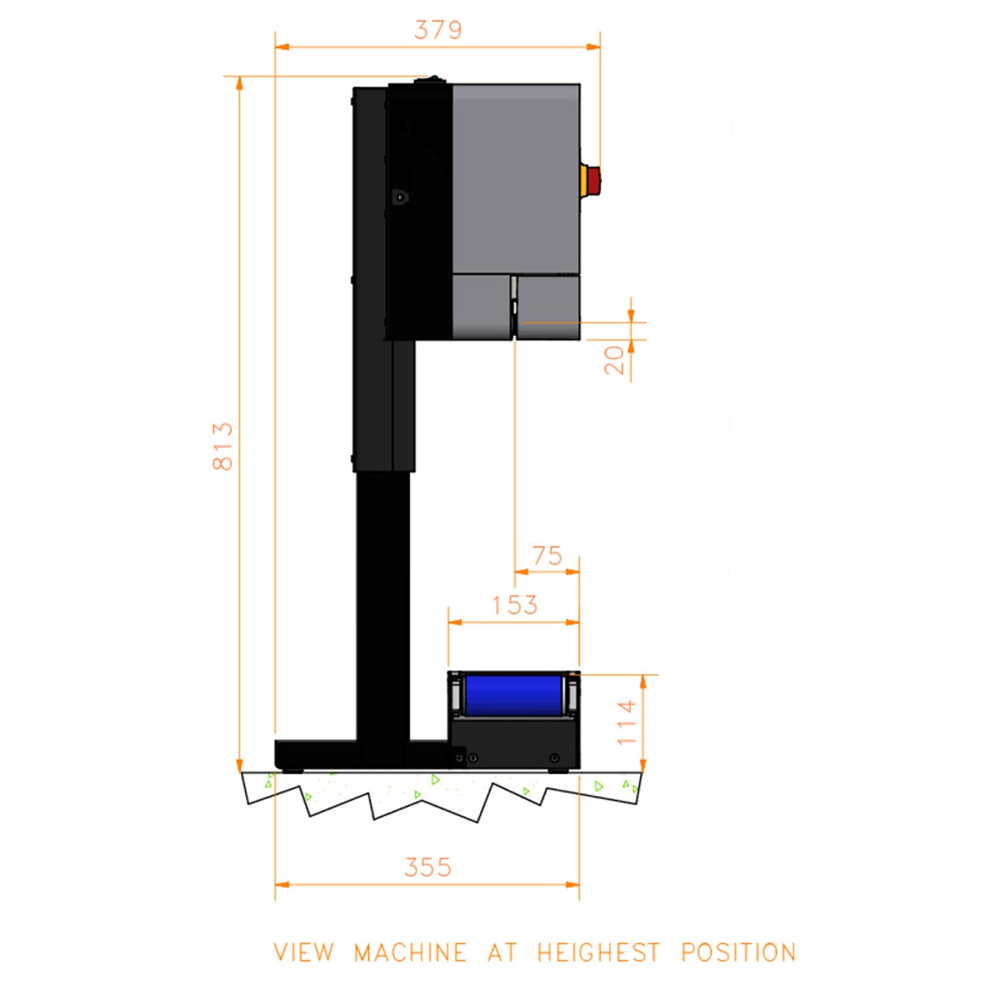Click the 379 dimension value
(438, 30)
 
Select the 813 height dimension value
(223, 446)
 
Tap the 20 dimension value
(614, 359)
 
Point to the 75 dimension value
(547, 556)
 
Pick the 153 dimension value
(515, 605)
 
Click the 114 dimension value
(626, 723)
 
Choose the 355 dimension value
(428, 867)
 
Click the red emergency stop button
(592, 179)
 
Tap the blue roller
(513, 695)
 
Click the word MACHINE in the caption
(410, 952)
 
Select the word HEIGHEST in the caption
(598, 952)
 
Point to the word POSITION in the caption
(738, 952)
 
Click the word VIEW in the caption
(303, 952)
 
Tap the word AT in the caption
(502, 952)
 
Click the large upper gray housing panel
(515, 177)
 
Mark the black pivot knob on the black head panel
(400, 197)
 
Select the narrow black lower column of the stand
(382, 602)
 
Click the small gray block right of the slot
(549, 307)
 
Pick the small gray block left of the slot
(481, 307)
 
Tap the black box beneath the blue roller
(514, 743)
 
